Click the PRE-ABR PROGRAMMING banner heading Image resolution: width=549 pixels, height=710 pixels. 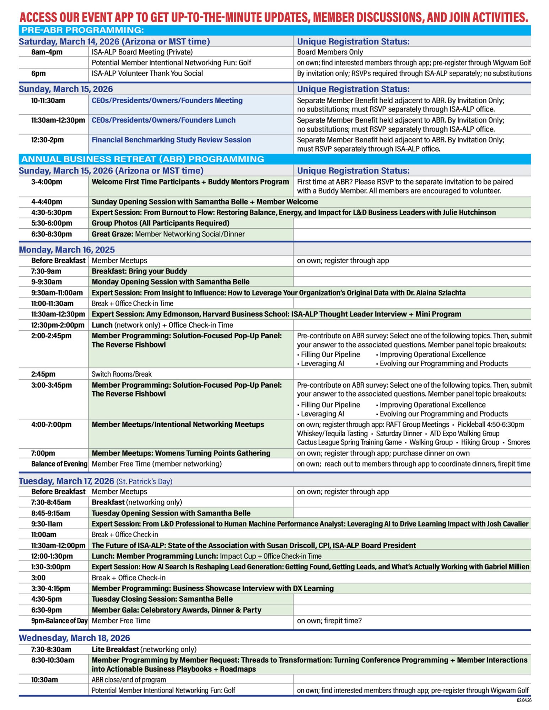(82, 30)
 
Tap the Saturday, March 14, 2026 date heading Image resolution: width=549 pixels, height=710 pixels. (114, 42)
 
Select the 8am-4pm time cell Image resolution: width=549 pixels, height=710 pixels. (47, 52)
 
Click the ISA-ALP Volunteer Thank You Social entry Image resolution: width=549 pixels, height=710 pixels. (147, 73)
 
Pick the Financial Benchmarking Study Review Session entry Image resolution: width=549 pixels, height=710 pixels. (171, 140)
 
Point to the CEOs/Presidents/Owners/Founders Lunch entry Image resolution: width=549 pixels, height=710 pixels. (163, 120)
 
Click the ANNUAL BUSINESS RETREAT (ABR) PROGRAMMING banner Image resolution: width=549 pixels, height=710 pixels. (142, 159)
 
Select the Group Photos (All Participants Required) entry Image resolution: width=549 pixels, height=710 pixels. (160, 223)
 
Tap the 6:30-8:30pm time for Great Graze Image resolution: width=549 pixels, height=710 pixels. (51, 234)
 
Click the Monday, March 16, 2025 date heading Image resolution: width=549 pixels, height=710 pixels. (67, 250)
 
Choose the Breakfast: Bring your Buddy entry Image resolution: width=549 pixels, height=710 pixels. (139, 271)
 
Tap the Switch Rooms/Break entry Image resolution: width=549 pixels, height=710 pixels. (122, 374)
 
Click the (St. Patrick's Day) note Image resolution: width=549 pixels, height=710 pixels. (144, 482)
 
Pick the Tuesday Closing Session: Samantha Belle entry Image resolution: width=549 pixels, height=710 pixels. (162, 599)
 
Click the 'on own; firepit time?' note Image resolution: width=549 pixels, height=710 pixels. (329, 621)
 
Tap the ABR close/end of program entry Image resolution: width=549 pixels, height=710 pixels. (129, 680)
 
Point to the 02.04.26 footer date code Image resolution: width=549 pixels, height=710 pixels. (524, 700)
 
